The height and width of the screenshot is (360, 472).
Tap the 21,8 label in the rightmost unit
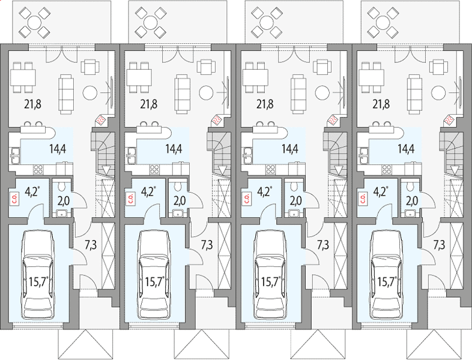pyautogui.click(x=381, y=104)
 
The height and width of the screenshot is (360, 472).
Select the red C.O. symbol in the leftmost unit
pyautogui.click(x=14, y=199)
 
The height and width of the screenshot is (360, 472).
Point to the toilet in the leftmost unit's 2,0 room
pyautogui.click(x=62, y=187)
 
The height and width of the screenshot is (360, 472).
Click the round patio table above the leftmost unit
pyautogui.click(x=34, y=22)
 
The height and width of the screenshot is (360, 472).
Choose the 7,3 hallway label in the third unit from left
pyautogui.click(x=323, y=245)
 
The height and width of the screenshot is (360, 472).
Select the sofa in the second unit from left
pyautogui.click(x=183, y=94)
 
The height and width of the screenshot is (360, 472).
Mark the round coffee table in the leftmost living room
pyautogui.click(x=90, y=92)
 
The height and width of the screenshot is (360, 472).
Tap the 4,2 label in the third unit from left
pyautogui.click(x=265, y=191)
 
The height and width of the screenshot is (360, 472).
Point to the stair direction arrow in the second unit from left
pyautogui.click(x=222, y=170)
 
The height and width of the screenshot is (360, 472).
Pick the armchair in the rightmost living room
pyautogui.click(x=438, y=67)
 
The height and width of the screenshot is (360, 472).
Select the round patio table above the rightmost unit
pyautogui.click(x=383, y=22)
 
